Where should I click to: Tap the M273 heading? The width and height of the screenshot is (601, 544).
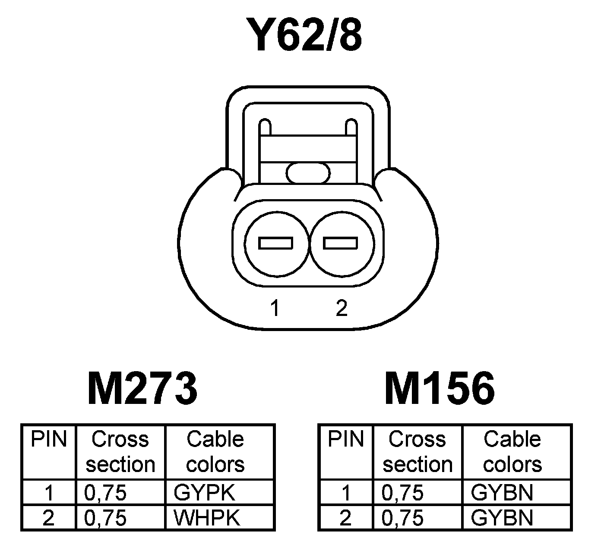(142, 389)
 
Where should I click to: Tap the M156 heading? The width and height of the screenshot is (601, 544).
(440, 389)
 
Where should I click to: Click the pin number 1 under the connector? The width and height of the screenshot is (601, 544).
(275, 308)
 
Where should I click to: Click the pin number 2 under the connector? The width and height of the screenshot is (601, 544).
(341, 308)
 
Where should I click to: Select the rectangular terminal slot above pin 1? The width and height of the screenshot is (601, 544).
(275, 243)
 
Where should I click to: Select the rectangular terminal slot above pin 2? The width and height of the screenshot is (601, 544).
(341, 243)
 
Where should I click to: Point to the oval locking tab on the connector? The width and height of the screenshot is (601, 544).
(308, 173)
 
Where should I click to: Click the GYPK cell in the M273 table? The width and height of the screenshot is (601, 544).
(204, 493)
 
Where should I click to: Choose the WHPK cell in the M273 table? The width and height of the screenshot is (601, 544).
(206, 518)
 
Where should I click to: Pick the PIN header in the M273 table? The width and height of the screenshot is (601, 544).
(49, 440)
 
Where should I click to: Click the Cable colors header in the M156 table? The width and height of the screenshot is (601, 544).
(512, 452)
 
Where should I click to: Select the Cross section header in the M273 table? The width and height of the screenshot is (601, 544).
(120, 452)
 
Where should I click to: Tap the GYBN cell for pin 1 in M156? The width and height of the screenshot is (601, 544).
(502, 493)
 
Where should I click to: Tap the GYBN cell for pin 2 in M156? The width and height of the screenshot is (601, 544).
(502, 518)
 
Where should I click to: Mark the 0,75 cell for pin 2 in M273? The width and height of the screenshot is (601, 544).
(106, 518)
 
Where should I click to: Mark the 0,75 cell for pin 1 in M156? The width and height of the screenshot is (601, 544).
(402, 493)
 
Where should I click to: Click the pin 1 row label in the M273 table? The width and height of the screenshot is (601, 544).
(49, 493)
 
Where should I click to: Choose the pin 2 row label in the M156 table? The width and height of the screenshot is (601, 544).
(345, 518)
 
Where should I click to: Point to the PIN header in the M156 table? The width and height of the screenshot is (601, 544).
(346, 440)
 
